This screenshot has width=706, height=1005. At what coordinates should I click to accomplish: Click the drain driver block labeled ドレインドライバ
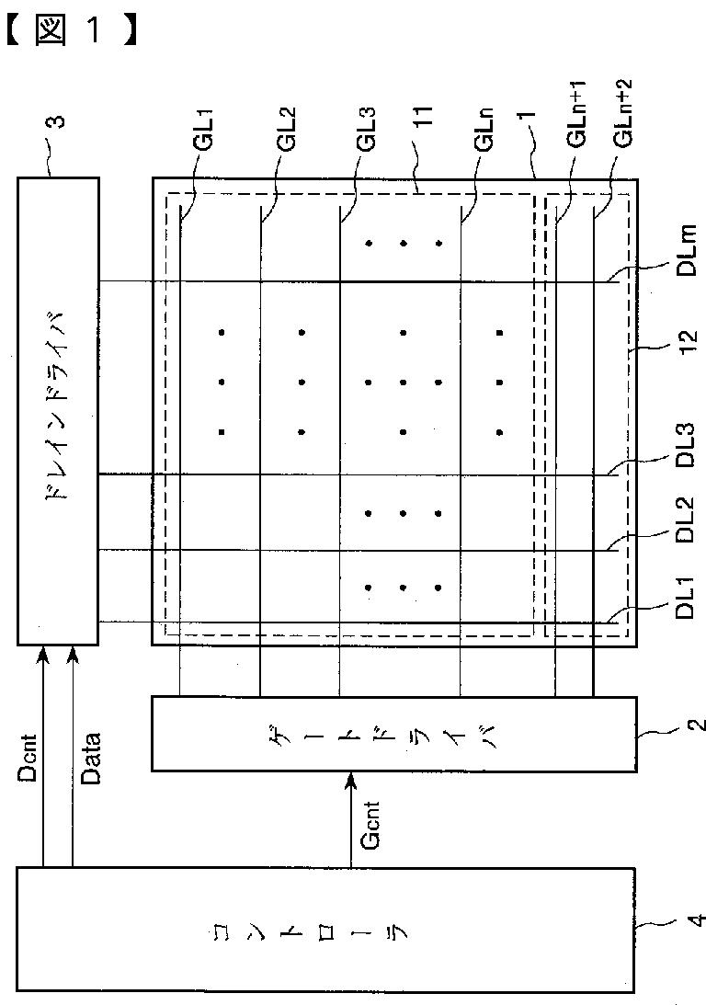(58, 410)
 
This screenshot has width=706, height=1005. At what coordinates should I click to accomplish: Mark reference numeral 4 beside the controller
(694, 919)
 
